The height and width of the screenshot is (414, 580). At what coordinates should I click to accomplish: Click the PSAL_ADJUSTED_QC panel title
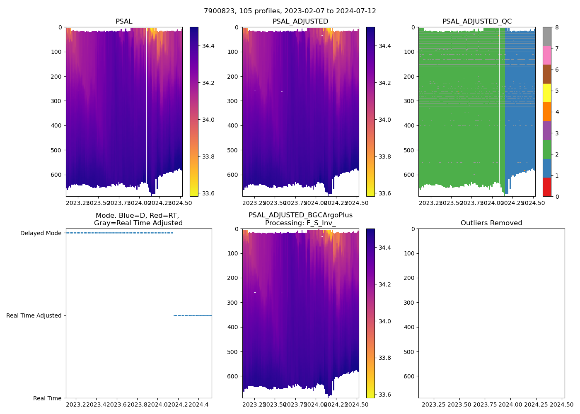pyautogui.click(x=477, y=22)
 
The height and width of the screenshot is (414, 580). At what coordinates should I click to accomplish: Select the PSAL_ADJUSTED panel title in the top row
pyautogui.click(x=300, y=22)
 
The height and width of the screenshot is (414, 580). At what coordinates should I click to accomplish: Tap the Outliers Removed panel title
pyautogui.click(x=491, y=223)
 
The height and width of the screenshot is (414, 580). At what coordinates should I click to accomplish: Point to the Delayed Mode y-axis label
pyautogui.click(x=41, y=233)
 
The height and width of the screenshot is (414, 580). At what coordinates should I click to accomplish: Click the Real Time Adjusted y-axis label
pyautogui.click(x=34, y=315)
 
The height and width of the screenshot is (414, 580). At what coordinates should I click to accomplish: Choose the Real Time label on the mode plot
pyautogui.click(x=47, y=398)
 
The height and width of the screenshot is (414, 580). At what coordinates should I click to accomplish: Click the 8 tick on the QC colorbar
pyautogui.click(x=557, y=27)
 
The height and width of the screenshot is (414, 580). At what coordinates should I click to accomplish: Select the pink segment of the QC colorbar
pyautogui.click(x=547, y=55)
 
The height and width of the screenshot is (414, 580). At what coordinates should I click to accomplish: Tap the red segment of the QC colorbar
pyautogui.click(x=547, y=187)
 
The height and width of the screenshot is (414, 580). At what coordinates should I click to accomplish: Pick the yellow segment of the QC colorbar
pyautogui.click(x=547, y=93)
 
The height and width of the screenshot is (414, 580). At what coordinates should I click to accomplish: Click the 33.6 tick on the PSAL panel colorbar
pyautogui.click(x=208, y=193)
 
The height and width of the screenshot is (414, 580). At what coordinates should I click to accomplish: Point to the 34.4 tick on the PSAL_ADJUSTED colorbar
pyautogui.click(x=384, y=46)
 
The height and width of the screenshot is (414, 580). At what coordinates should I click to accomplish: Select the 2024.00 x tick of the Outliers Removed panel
pyautogui.click(x=510, y=404)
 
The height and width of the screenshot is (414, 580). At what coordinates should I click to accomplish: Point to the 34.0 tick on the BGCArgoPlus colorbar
pyautogui.click(x=384, y=321)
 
